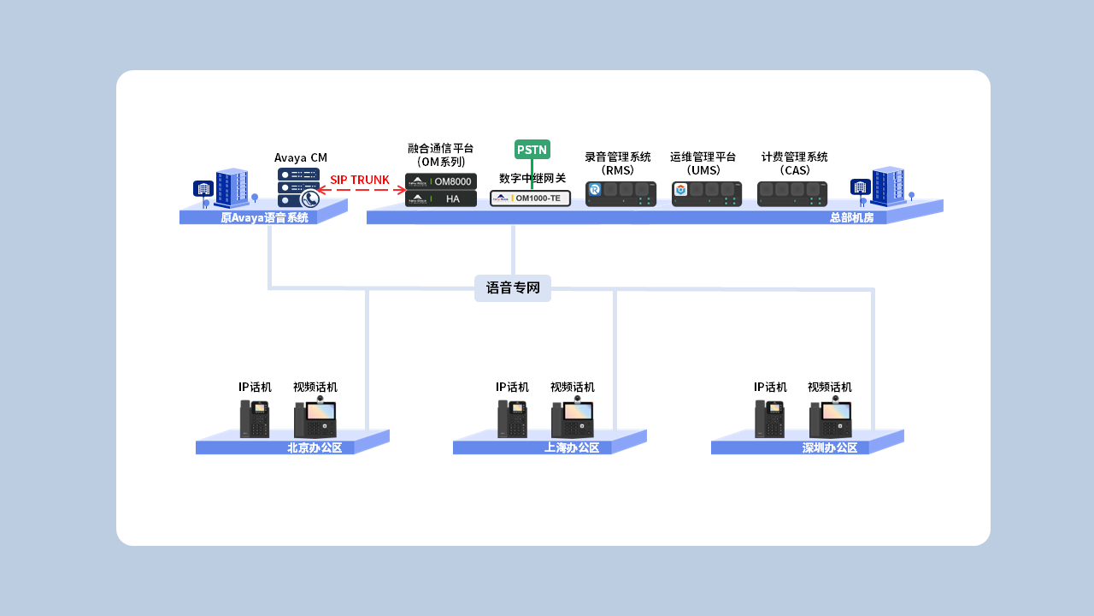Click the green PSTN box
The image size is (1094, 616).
(x=532, y=150)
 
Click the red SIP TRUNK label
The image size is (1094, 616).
(x=360, y=180)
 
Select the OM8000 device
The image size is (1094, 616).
(x=440, y=181)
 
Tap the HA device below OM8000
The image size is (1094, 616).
(x=440, y=198)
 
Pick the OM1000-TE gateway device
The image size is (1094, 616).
(x=530, y=198)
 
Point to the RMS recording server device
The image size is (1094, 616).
(x=621, y=193)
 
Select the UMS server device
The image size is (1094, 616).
(x=706, y=193)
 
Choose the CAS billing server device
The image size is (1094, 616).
(x=791, y=193)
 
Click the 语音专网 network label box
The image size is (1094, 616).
(x=513, y=288)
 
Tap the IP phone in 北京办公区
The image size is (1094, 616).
(x=255, y=419)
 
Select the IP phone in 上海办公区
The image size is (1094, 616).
(x=512, y=419)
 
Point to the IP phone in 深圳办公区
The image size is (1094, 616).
(x=769, y=419)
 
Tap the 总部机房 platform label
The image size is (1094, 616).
(x=851, y=218)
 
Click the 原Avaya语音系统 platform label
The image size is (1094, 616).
(x=264, y=218)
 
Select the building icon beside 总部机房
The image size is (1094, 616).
(x=887, y=187)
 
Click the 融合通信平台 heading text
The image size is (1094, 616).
(x=440, y=148)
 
